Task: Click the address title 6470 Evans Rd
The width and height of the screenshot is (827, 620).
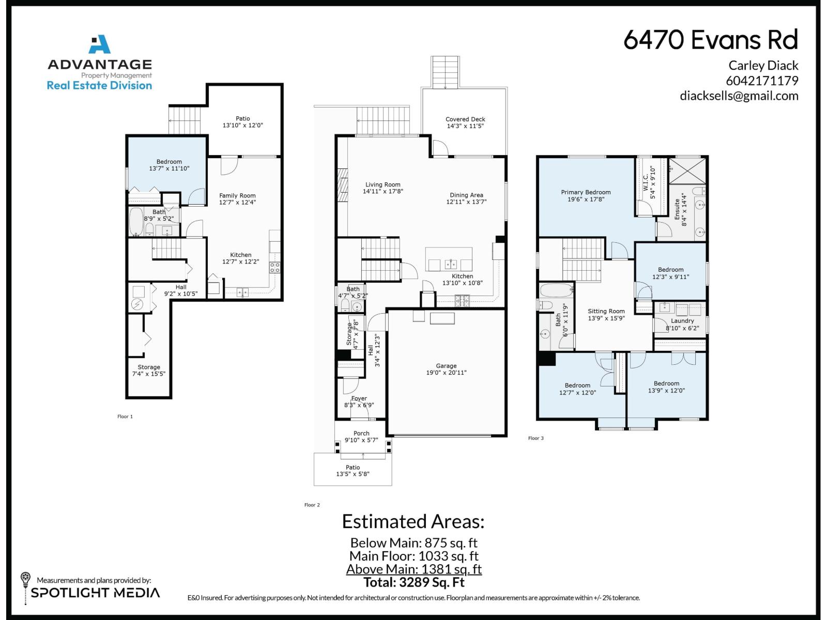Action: pos(711,40)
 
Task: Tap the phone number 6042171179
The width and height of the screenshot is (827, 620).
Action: pos(762,81)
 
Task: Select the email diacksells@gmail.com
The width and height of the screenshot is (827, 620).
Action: pos(739,96)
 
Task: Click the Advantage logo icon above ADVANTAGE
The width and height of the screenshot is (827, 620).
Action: pos(99,44)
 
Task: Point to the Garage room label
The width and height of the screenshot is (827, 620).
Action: pos(446,366)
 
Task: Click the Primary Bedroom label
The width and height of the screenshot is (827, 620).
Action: pos(586,192)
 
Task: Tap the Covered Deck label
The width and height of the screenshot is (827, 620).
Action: pos(465,119)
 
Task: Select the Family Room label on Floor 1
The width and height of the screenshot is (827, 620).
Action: pos(237,196)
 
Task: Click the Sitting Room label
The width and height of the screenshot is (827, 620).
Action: pos(606,312)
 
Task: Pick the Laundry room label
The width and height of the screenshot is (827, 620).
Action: pos(682,321)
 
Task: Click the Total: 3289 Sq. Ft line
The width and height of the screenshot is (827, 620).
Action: pos(413,582)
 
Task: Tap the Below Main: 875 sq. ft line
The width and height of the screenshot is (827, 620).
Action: pos(413,542)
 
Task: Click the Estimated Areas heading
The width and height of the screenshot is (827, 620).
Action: pos(413,521)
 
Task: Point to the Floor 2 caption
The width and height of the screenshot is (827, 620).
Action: pos(312,505)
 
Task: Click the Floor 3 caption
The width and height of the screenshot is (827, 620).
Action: pos(535,438)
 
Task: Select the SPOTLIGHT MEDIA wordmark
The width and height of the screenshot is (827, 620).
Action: pos(95,593)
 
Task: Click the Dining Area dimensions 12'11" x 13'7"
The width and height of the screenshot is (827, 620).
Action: pos(466,202)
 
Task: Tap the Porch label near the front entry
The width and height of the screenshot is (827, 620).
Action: pos(361,433)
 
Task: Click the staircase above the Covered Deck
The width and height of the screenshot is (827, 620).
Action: pos(445,72)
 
